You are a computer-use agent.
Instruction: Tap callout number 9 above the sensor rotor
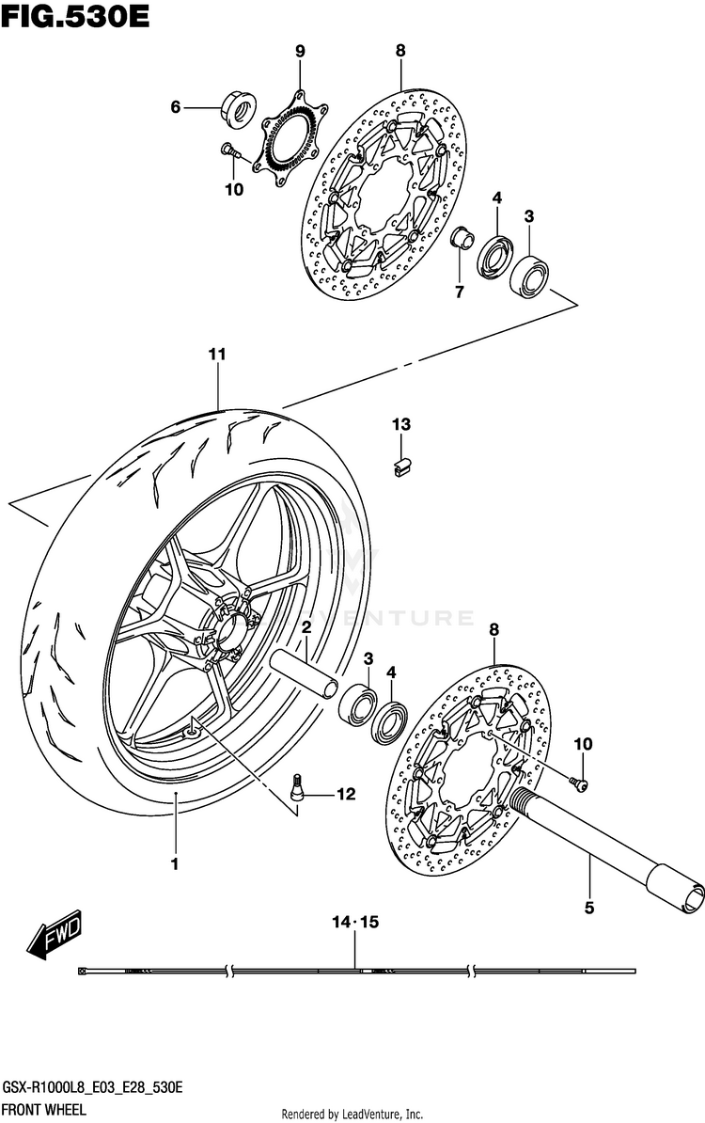[300, 51]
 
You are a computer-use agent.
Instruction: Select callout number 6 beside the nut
[175, 108]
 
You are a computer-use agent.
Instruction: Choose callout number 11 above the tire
[217, 355]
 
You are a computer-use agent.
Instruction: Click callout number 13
[401, 425]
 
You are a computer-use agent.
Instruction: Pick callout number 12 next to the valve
[346, 795]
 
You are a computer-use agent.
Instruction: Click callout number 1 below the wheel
[174, 862]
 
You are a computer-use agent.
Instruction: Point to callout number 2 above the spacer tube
[306, 627]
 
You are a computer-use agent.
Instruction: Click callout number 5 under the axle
[589, 909]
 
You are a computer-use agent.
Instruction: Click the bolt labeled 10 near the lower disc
[581, 783]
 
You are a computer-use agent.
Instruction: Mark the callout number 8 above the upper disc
[400, 51]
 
